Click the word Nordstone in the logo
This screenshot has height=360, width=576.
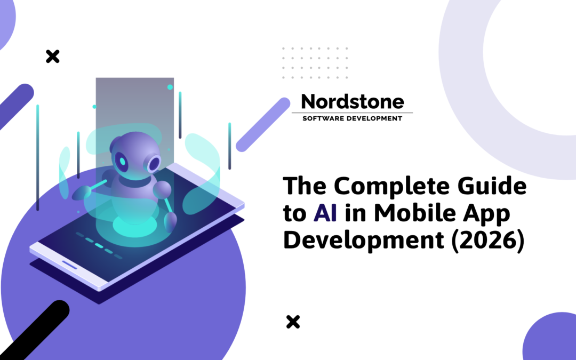(x=352, y=101)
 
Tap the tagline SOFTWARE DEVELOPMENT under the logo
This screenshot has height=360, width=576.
(x=352, y=118)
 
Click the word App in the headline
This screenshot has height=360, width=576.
(x=488, y=214)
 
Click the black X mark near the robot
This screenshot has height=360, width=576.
(x=52, y=56)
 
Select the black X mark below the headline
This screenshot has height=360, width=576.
(x=293, y=322)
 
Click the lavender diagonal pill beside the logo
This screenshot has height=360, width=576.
(x=262, y=124)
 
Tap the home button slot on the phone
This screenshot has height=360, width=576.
(x=69, y=265)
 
